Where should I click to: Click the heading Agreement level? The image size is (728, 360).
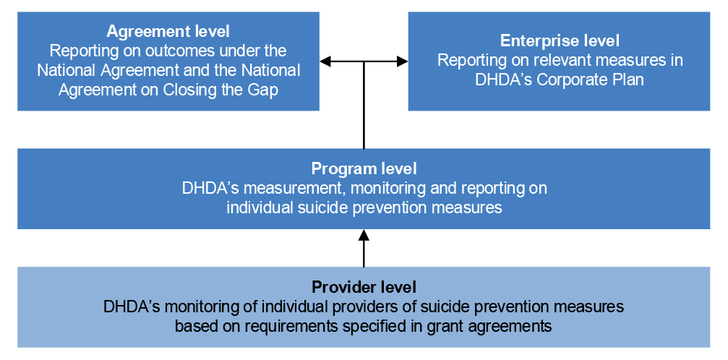[x=168, y=32]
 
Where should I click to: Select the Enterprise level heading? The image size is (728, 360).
[x=560, y=41]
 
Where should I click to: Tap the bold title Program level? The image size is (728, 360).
[x=364, y=169]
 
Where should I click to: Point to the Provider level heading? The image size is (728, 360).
[x=364, y=286]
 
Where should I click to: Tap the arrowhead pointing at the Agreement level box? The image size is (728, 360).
[x=325, y=61]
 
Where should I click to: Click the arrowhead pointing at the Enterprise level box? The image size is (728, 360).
[x=403, y=61]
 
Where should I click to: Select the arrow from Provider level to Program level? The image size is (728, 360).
[x=364, y=247]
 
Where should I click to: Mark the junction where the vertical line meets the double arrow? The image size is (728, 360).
[x=364, y=61]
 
